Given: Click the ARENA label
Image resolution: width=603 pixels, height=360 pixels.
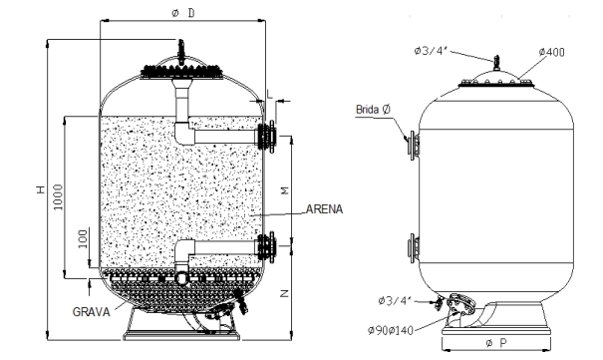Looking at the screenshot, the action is click(324, 209).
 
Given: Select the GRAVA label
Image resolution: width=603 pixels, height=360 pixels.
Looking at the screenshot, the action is click(91, 311).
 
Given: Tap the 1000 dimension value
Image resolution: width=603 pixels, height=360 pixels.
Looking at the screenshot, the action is click(58, 196).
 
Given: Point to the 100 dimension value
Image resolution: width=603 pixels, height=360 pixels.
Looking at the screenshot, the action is click(83, 239).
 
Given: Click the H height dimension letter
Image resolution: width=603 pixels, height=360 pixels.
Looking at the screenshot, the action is click(41, 189).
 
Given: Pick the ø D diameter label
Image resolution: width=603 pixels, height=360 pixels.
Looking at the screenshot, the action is click(183, 13).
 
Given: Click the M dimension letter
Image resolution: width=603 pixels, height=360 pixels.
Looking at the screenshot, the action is click(285, 190).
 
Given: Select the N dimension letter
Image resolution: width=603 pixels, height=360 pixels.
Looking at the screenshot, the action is click(284, 293).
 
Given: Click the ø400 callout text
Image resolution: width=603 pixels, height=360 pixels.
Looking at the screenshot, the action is click(551, 52).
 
